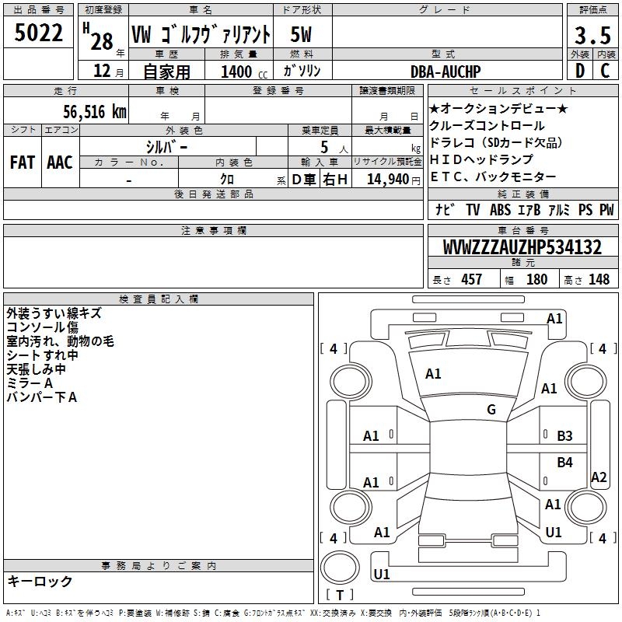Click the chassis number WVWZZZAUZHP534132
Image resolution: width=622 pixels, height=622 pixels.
(522, 248)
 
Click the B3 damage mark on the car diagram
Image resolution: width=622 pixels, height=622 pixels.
(565, 436)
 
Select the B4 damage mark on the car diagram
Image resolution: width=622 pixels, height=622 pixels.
(565, 463)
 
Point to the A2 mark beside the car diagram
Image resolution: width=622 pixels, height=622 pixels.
(599, 477)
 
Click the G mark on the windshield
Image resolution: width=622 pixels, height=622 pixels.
(491, 410)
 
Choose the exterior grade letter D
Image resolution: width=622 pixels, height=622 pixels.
(579, 71)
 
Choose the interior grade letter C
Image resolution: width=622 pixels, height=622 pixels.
(605, 71)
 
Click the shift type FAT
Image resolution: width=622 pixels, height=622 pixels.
(23, 162)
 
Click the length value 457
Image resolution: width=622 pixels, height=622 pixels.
(471, 280)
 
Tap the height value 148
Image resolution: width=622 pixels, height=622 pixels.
(599, 280)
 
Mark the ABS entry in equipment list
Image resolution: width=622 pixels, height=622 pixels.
(500, 210)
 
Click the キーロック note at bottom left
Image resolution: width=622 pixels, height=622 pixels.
(40, 582)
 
